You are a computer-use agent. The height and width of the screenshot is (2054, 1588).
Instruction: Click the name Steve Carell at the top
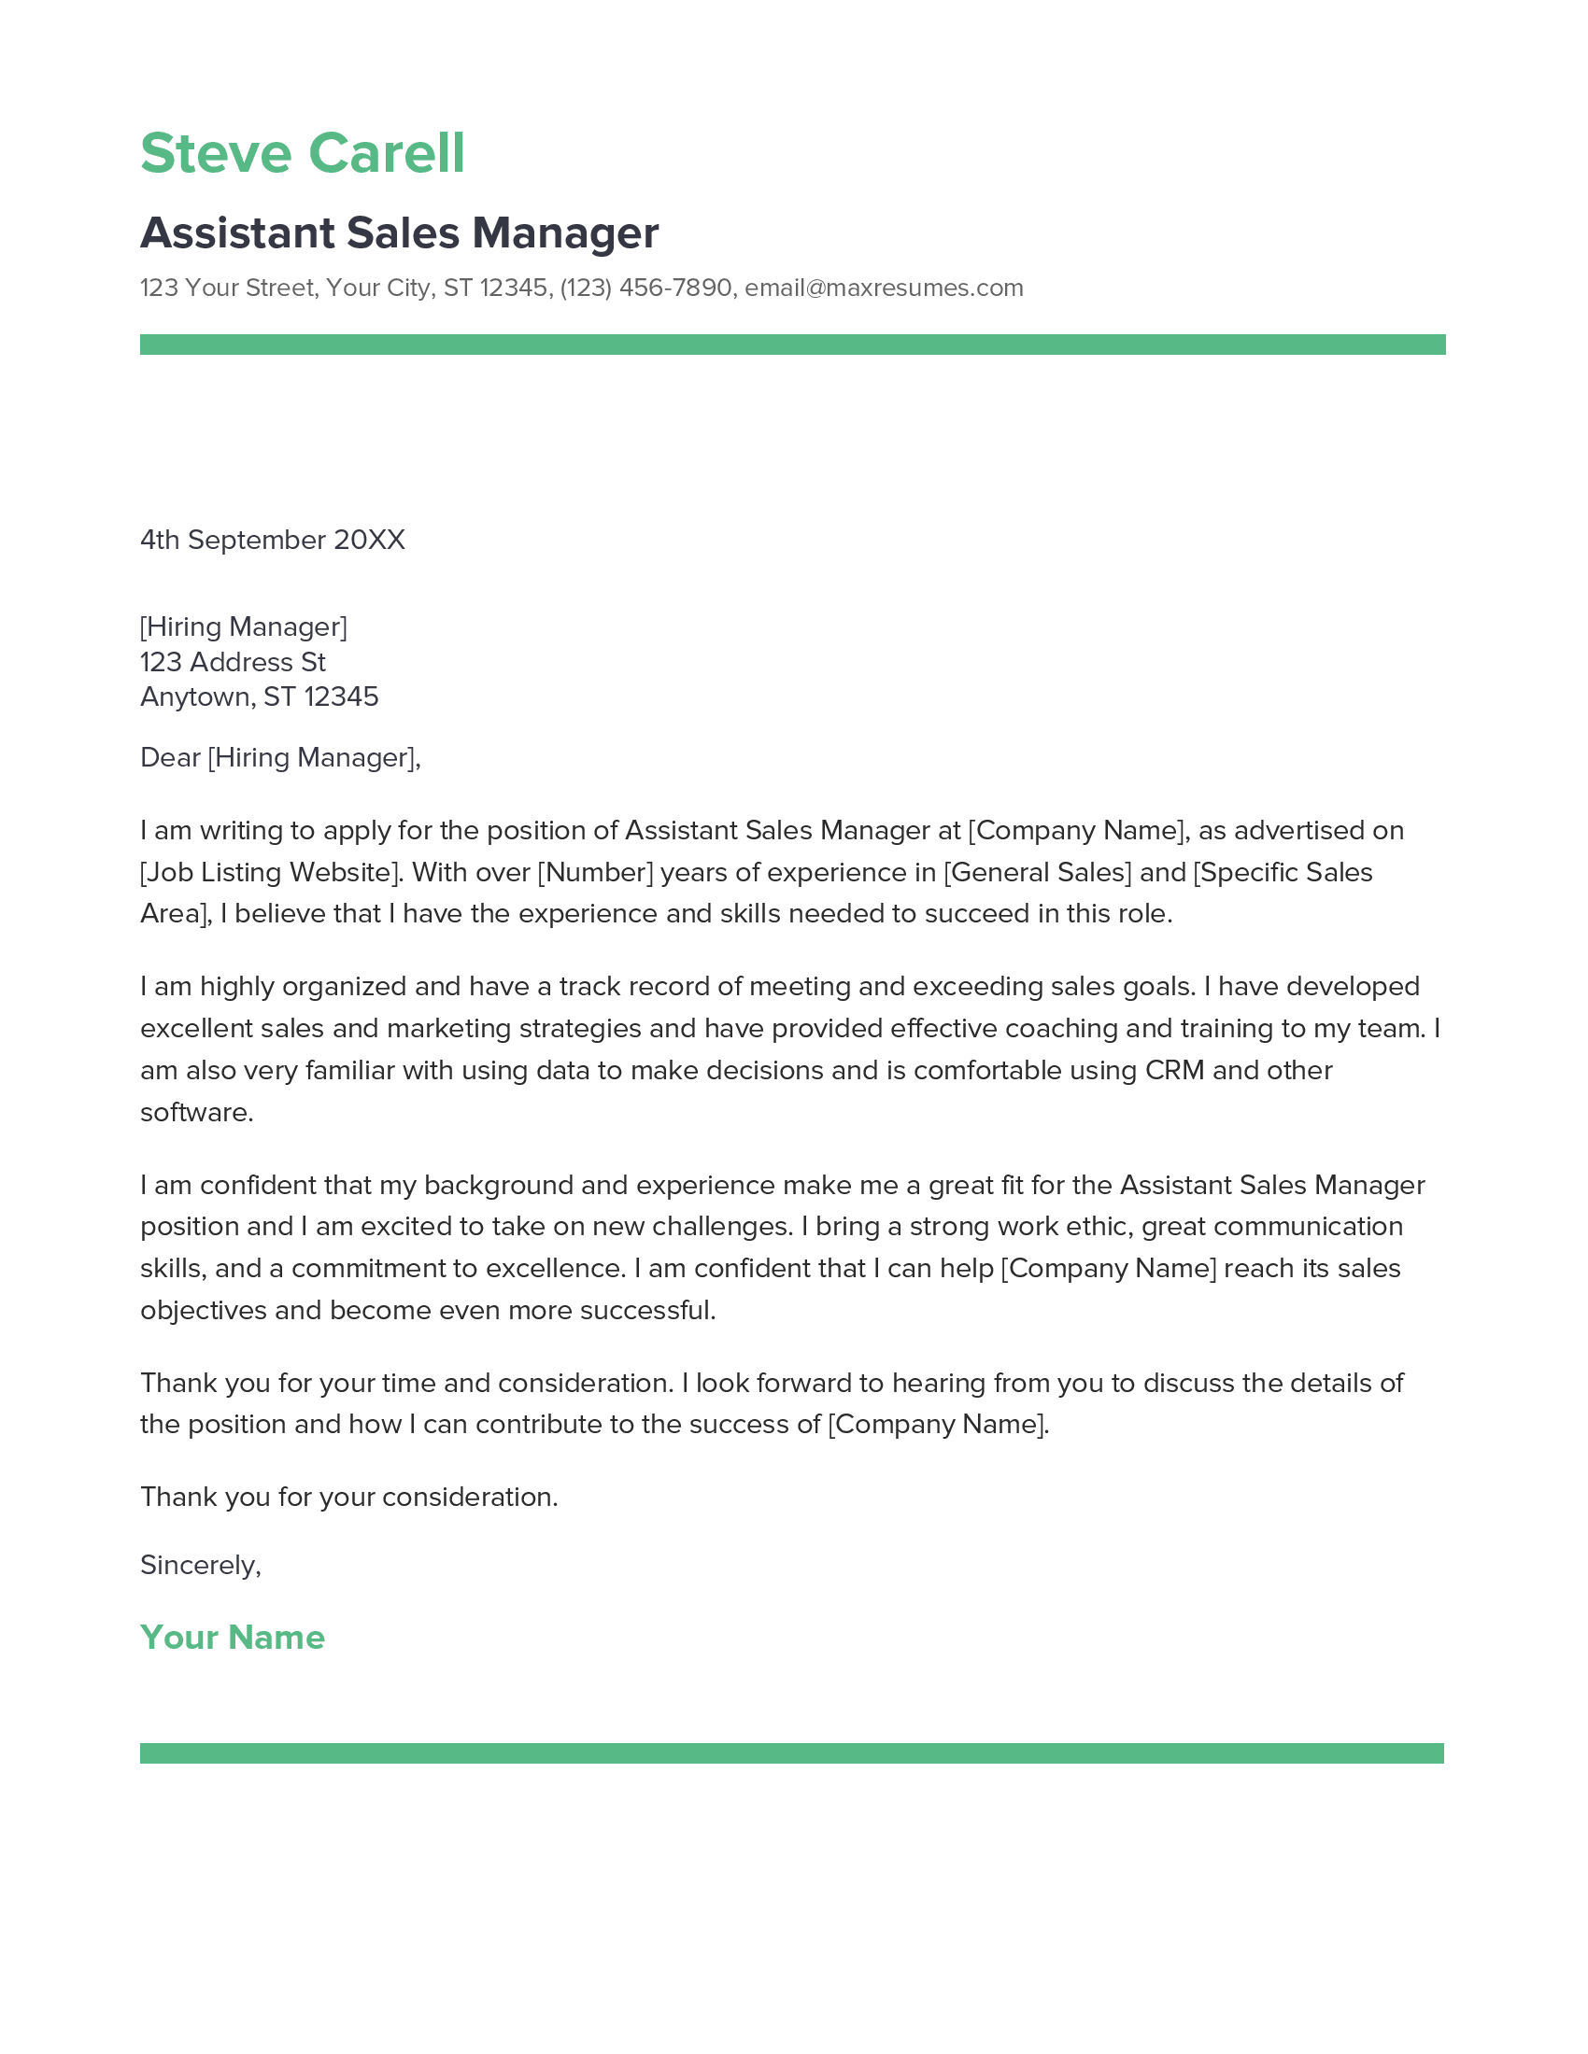(302, 153)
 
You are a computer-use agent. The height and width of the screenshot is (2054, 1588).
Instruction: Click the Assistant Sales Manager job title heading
(399, 233)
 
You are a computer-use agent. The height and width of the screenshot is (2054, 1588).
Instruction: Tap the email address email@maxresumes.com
(884, 288)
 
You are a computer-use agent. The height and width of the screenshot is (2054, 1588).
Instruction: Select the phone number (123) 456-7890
(645, 288)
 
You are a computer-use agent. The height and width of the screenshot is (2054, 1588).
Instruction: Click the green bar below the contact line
(792, 345)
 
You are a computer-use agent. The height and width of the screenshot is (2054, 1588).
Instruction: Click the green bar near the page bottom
(792, 1753)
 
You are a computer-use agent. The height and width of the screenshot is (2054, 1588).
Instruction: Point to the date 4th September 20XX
(272, 540)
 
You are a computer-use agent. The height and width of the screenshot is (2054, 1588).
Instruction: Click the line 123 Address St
(233, 662)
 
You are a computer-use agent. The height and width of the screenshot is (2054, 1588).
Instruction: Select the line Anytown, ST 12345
(259, 696)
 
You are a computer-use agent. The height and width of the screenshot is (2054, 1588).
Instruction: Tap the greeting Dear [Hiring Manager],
(280, 757)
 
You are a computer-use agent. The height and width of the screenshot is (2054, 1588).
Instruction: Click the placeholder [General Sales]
(1038, 872)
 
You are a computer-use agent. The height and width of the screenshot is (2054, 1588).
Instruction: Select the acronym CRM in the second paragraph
(1174, 1070)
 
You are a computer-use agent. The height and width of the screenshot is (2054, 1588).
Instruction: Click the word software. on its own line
(196, 1113)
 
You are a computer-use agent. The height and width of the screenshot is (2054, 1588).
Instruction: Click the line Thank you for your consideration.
(349, 1497)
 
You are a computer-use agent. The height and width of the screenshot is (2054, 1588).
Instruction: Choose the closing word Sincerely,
(201, 1565)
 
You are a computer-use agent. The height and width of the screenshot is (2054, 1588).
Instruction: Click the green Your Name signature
(233, 1638)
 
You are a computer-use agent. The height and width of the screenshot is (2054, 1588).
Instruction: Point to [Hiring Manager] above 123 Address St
(244, 626)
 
